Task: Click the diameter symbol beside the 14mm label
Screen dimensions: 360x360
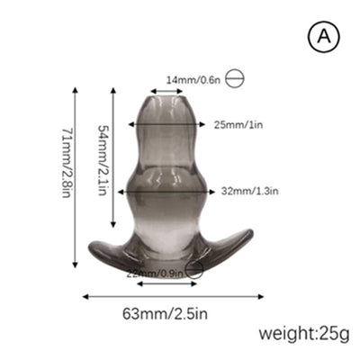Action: (235, 78)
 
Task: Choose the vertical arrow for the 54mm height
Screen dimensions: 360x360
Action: (113, 157)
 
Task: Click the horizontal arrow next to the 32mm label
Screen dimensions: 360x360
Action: (203, 191)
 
